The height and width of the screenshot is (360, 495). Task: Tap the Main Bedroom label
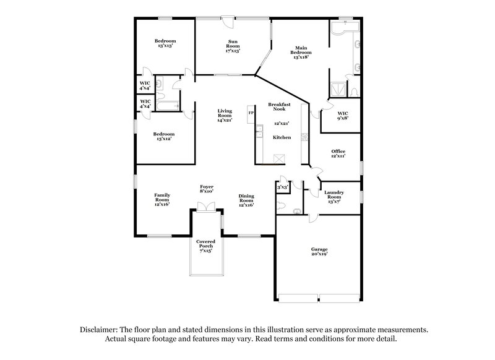301,51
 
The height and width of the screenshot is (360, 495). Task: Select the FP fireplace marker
251,113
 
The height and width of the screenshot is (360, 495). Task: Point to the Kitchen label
282,137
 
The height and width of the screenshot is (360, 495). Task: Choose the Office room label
338,153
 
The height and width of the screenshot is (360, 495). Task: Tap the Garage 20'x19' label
319,251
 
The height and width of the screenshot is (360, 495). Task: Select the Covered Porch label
205,246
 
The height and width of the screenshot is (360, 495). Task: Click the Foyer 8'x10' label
206,189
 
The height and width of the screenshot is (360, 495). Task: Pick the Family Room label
162,199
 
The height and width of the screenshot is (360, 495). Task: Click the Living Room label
224,115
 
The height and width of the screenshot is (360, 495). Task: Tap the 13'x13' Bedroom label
165,43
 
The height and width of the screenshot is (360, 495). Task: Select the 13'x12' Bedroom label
164,136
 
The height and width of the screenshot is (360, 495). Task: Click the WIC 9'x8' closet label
343,115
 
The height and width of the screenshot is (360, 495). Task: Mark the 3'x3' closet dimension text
283,186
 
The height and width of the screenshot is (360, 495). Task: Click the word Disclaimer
101,331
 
